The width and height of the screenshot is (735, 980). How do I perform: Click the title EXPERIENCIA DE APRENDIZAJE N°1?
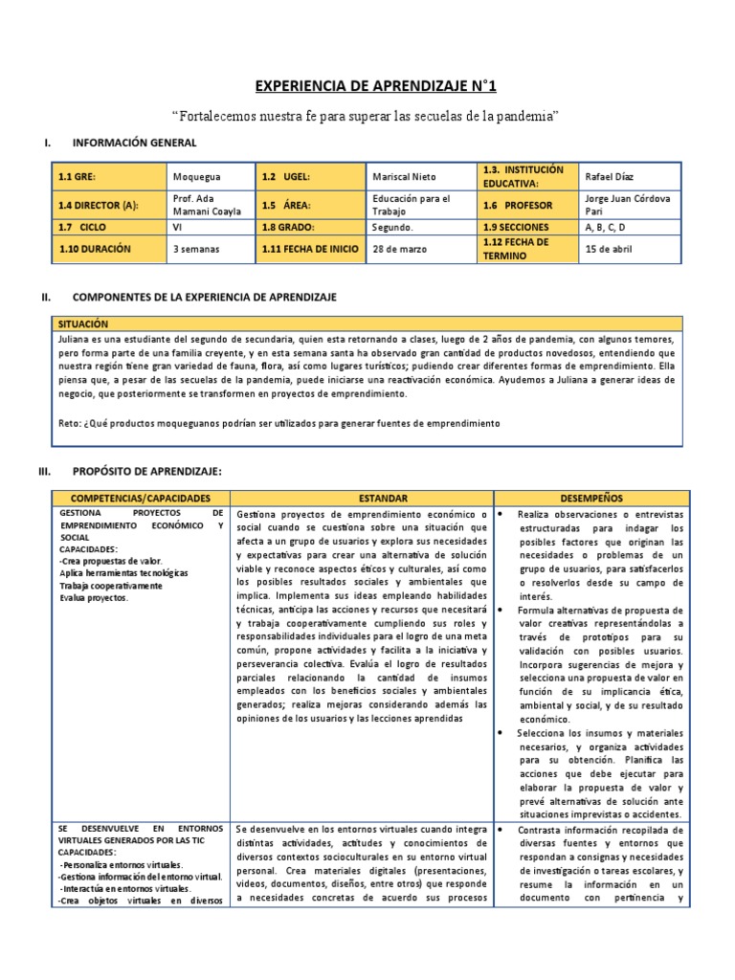coord(376,87)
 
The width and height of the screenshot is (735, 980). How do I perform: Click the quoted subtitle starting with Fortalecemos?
coord(366,116)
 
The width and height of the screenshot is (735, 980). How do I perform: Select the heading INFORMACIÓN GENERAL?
coord(134,143)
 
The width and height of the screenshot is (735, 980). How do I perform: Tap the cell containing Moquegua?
coord(195,177)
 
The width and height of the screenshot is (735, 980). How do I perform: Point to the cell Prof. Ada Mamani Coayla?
coord(207,205)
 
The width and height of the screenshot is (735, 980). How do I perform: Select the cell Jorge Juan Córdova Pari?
coord(627,205)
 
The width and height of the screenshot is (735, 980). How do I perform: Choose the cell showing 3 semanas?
coord(196,249)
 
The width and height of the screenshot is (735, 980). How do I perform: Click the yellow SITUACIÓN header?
coord(83,324)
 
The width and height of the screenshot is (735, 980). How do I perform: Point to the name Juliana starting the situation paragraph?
coord(75,340)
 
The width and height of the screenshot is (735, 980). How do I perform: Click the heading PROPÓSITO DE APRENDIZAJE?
coord(146,472)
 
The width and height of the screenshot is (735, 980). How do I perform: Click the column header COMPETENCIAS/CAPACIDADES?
coord(139,499)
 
